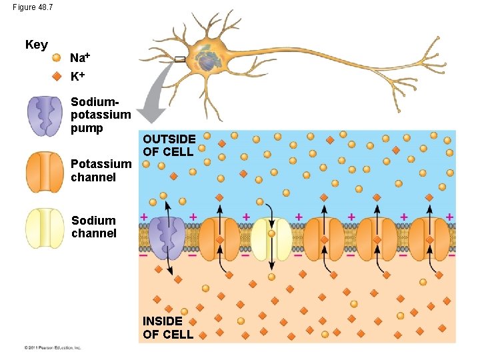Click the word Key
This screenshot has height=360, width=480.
pyautogui.click(x=37, y=45)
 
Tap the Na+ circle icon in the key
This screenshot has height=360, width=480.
pyautogui.click(x=57, y=58)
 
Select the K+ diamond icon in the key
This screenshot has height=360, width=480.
pyautogui.click(x=57, y=75)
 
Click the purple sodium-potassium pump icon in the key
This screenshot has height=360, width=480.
pyautogui.click(x=45, y=116)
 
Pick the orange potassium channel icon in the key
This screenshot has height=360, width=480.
pyautogui.click(x=45, y=171)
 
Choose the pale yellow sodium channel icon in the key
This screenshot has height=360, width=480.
pyautogui.click(x=45, y=228)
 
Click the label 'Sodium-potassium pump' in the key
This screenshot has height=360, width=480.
pyautogui.click(x=100, y=115)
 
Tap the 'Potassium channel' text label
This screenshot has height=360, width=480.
pyautogui.click(x=101, y=171)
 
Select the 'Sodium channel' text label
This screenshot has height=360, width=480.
pyautogui.click(x=93, y=227)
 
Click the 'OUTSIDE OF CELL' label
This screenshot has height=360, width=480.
pyautogui.click(x=169, y=145)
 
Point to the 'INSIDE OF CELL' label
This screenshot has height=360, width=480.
pyautogui.click(x=168, y=327)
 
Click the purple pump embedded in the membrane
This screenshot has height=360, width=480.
pyautogui.click(x=167, y=237)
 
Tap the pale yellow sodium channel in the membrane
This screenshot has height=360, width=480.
pyautogui.click(x=271, y=238)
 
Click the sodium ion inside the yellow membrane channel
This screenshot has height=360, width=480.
pyautogui.click(x=271, y=234)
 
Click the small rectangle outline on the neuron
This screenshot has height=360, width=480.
pyautogui.click(x=180, y=60)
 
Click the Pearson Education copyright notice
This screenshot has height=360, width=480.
pyautogui.click(x=53, y=347)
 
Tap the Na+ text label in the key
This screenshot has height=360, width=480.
pyautogui.click(x=81, y=58)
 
